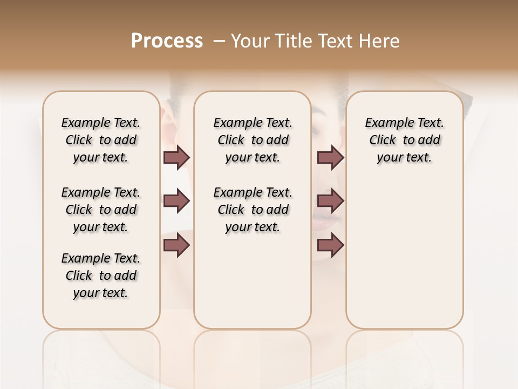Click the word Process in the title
pyautogui.click(x=167, y=41)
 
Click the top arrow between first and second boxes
pyautogui.click(x=176, y=158)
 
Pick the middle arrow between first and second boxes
pyautogui.click(x=176, y=201)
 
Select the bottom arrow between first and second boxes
pyautogui.click(x=176, y=245)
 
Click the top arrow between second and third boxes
pyautogui.click(x=330, y=158)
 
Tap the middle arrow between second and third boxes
pyautogui.click(x=330, y=201)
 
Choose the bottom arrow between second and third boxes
pyautogui.click(x=330, y=245)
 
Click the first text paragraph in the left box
pyautogui.click(x=101, y=140)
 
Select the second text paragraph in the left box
pyautogui.click(x=101, y=210)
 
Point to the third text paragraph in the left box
pyautogui.click(x=101, y=276)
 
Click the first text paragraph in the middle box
pyautogui.click(x=253, y=140)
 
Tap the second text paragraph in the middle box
pyautogui.click(x=253, y=210)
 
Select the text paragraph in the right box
pyautogui.click(x=404, y=140)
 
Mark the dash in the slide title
pyautogui.click(x=219, y=41)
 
